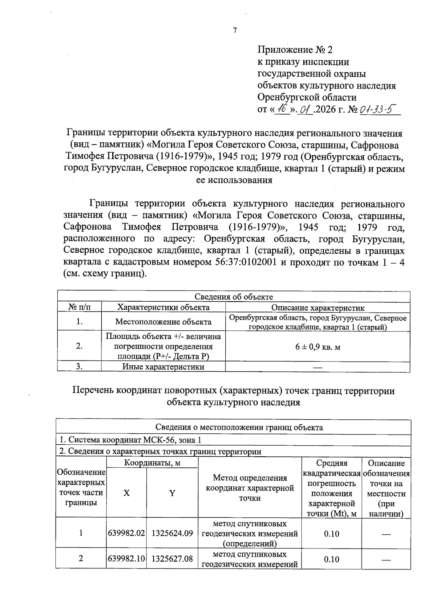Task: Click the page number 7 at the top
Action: click(235, 30)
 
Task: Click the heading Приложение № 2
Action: click(295, 50)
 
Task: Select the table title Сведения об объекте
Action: click(234, 297)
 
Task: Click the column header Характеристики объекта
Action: click(163, 307)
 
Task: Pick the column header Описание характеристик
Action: click(318, 308)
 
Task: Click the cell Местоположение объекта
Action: click(163, 322)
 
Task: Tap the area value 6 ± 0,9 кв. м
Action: click(318, 347)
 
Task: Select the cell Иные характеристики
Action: click(163, 367)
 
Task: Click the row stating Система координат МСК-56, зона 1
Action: click(130, 440)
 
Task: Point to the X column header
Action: click(126, 493)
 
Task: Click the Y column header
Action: click(172, 493)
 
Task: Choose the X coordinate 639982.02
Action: click(126, 533)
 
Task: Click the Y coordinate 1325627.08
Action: click(172, 558)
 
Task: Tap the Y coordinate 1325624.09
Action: click(172, 533)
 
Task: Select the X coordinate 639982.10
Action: click(126, 558)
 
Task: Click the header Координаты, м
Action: click(152, 463)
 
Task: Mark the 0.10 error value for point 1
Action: click(331, 534)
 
